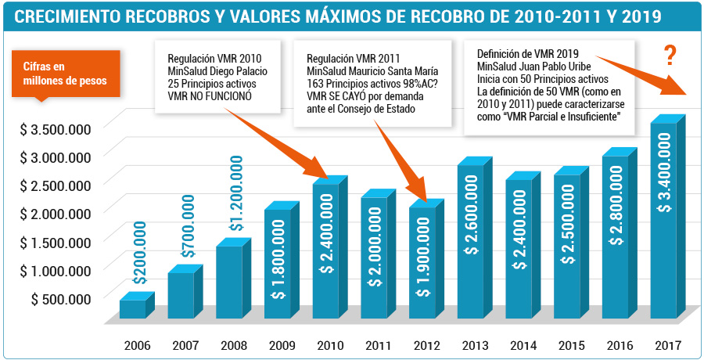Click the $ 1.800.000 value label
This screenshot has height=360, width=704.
279,260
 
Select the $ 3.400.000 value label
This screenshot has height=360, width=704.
666,171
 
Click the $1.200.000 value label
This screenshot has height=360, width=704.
236,193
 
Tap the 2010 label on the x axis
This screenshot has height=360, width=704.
330,346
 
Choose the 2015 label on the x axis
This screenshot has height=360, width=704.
571,346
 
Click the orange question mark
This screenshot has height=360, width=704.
670,56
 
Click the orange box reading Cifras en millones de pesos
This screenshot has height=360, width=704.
66,74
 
